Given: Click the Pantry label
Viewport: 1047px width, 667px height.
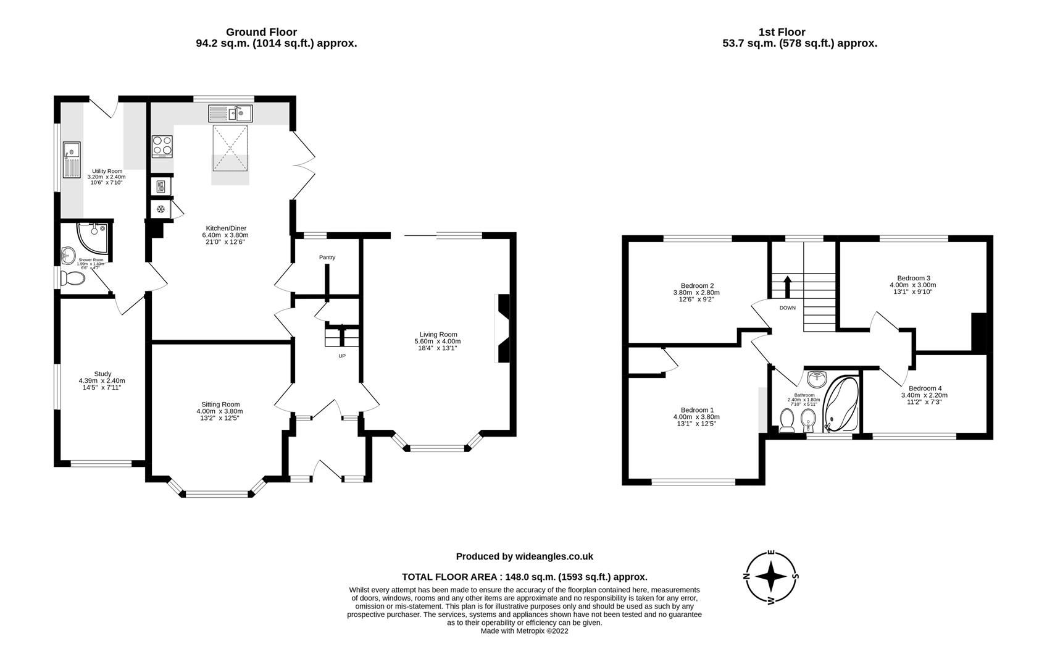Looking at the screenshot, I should (327, 257).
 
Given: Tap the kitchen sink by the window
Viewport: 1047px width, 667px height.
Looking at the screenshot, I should (230, 114).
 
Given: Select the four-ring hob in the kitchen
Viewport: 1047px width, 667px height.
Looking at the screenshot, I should (162, 146).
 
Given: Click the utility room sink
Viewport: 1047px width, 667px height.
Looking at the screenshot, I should (72, 159).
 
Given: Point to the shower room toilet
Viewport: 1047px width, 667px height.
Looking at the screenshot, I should (75, 279).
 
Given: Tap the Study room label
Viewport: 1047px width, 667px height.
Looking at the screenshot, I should (102, 374).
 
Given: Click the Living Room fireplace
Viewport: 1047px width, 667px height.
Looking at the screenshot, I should (503, 328).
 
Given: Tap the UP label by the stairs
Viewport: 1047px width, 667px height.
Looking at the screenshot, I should (341, 356).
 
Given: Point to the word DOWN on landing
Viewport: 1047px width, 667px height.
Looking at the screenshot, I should (788, 308).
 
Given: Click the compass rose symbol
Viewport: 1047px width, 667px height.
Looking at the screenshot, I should (771, 577).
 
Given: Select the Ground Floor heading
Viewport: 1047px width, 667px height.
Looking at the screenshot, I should (261, 32).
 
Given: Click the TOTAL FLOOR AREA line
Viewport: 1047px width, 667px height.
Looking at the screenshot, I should (525, 577).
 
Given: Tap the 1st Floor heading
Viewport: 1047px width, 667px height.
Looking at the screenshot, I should (782, 32).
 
